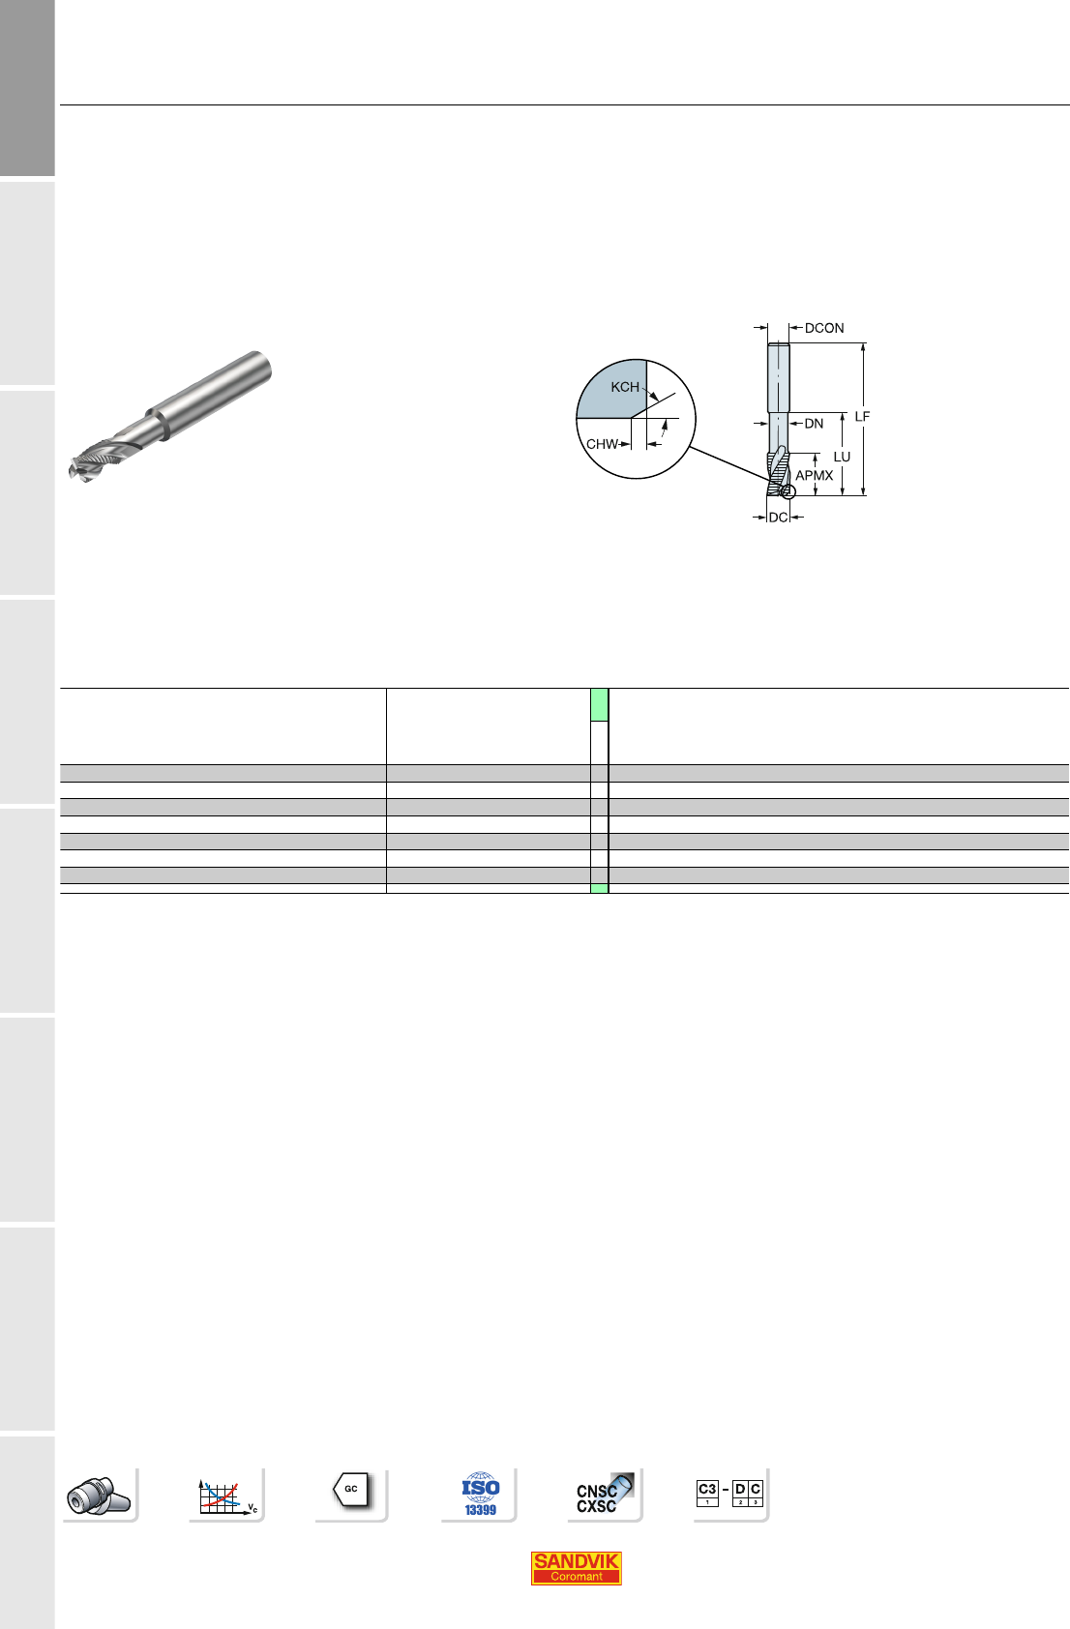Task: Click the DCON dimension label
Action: [824, 328]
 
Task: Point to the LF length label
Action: [862, 417]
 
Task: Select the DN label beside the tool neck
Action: [814, 424]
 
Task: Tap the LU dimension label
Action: [842, 457]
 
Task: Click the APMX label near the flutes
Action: [814, 476]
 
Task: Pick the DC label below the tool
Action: [779, 518]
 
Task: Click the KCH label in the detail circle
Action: [625, 387]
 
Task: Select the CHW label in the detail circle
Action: [603, 444]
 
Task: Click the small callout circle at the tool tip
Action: [788, 491]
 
